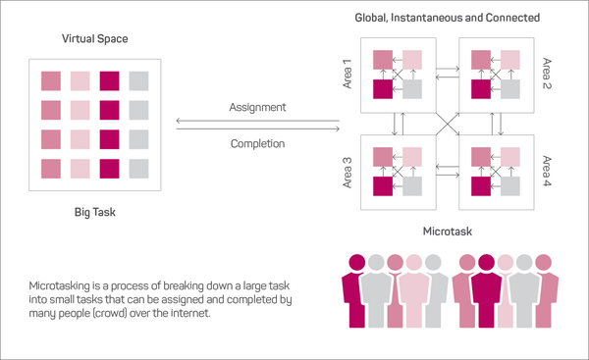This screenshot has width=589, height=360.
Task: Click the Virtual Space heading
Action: point(95,40)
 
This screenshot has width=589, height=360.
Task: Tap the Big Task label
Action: point(95,211)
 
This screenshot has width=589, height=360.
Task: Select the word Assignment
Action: point(257,107)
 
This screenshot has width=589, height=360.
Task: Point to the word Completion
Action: point(257,144)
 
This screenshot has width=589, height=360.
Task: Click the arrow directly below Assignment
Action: point(257,121)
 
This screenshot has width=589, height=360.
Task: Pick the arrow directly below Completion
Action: point(257,158)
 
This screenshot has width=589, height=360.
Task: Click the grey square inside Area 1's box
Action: point(413,89)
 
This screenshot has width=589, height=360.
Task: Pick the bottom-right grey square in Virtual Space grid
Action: point(139,169)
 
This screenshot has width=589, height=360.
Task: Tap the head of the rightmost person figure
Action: point(544,262)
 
